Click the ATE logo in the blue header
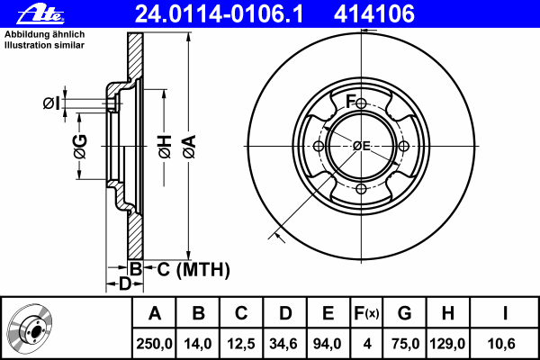pyautogui.click(x=40, y=13)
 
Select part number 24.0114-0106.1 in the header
pyautogui.click(x=219, y=14)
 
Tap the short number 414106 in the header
pyautogui.click(x=374, y=14)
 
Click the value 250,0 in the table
pyautogui.click(x=154, y=344)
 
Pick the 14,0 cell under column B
pyautogui.click(x=198, y=344)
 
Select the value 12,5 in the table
pyautogui.click(x=241, y=344)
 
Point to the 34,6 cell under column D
pyautogui.click(x=284, y=344)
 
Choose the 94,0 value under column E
pyautogui.click(x=328, y=344)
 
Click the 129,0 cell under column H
pyautogui.click(x=447, y=344)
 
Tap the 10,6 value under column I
pyautogui.click(x=501, y=344)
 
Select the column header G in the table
pyautogui.click(x=404, y=313)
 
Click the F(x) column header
pyautogui.click(x=366, y=313)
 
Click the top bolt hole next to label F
pyautogui.click(x=361, y=103)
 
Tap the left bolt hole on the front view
pyautogui.click(x=319, y=146)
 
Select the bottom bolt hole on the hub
pyautogui.click(x=361, y=188)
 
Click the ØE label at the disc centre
pyautogui.click(x=362, y=146)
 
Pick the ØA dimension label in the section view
pyautogui.click(x=189, y=147)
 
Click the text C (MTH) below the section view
pyautogui.click(x=193, y=269)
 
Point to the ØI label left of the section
pyautogui.click(x=51, y=103)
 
